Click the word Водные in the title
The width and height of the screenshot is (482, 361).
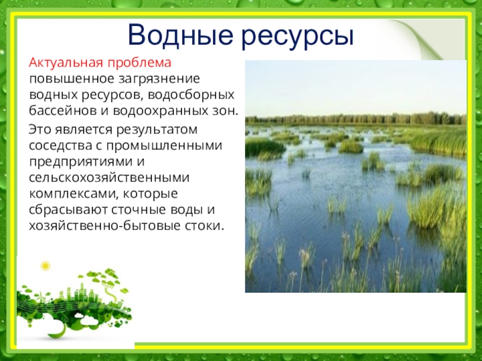coord(180,35)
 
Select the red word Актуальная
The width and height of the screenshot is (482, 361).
coord(66,63)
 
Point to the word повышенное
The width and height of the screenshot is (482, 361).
coord(72,79)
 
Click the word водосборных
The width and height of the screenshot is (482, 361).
coord(191,95)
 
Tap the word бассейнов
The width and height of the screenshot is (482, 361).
coord(63,111)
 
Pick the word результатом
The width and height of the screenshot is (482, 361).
coord(157,130)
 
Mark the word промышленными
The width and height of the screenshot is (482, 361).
coord(164,146)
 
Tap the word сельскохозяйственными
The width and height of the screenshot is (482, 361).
coord(109,177)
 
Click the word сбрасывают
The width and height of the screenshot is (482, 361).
coord(68,209)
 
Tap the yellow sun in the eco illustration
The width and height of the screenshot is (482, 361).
coord(46,266)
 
